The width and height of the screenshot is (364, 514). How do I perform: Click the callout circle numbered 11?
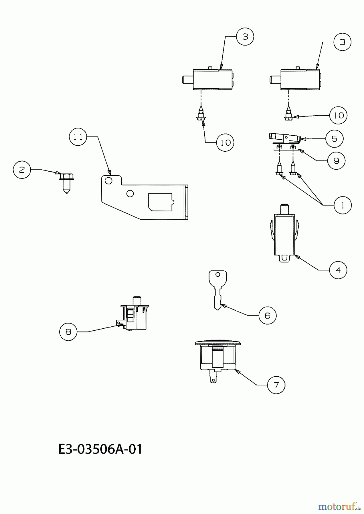[x=78, y=137]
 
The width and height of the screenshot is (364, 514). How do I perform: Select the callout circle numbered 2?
[x=22, y=170]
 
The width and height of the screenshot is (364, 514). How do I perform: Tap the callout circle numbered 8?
[x=68, y=332]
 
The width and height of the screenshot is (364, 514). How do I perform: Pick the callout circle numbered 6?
[x=268, y=316]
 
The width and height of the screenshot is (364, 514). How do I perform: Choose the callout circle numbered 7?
[x=276, y=385]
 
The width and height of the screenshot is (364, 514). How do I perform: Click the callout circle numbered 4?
[x=338, y=270]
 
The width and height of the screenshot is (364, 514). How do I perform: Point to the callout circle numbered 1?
[x=343, y=205]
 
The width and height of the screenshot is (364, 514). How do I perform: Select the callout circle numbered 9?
[x=336, y=161]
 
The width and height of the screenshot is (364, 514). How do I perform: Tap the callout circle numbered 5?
[x=334, y=139]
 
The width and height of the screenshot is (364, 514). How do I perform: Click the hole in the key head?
[x=217, y=275]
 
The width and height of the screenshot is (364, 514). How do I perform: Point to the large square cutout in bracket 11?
[x=160, y=202]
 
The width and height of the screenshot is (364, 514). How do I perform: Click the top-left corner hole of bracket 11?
[x=108, y=180]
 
